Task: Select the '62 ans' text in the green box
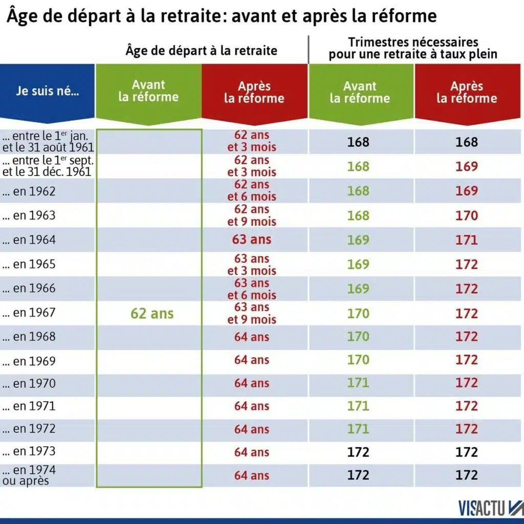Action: click(x=152, y=313)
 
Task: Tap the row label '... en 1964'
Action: click(x=29, y=239)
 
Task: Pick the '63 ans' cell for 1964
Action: click(x=252, y=239)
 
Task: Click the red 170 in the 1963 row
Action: click(x=466, y=215)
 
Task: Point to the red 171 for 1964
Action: click(x=466, y=239)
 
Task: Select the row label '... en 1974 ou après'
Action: click(x=29, y=475)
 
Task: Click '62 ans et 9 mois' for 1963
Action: click(x=252, y=215)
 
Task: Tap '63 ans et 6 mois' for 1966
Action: click(x=252, y=289)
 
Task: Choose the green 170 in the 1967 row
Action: click(x=358, y=313)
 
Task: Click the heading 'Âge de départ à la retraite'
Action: click(x=201, y=50)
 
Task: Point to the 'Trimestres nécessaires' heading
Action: click(x=413, y=42)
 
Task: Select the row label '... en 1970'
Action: click(x=29, y=383)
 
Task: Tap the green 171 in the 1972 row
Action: click(x=358, y=429)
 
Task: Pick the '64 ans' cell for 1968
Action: click(x=252, y=337)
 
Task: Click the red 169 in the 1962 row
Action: click(x=466, y=191)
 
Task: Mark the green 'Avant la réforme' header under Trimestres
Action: click(x=360, y=93)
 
